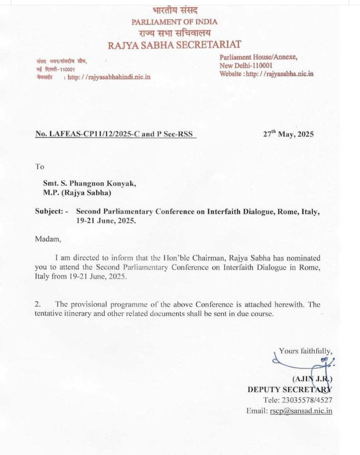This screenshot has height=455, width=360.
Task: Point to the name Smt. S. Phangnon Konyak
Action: pyautogui.click(x=88, y=183)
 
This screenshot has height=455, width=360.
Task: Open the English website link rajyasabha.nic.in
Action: pyautogui.click(x=280, y=74)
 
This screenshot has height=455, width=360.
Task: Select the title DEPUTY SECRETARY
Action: pyautogui.click(x=289, y=389)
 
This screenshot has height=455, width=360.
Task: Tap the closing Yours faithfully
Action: pyautogui.click(x=306, y=351)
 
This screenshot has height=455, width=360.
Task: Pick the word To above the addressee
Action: pyautogui.click(x=39, y=166)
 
